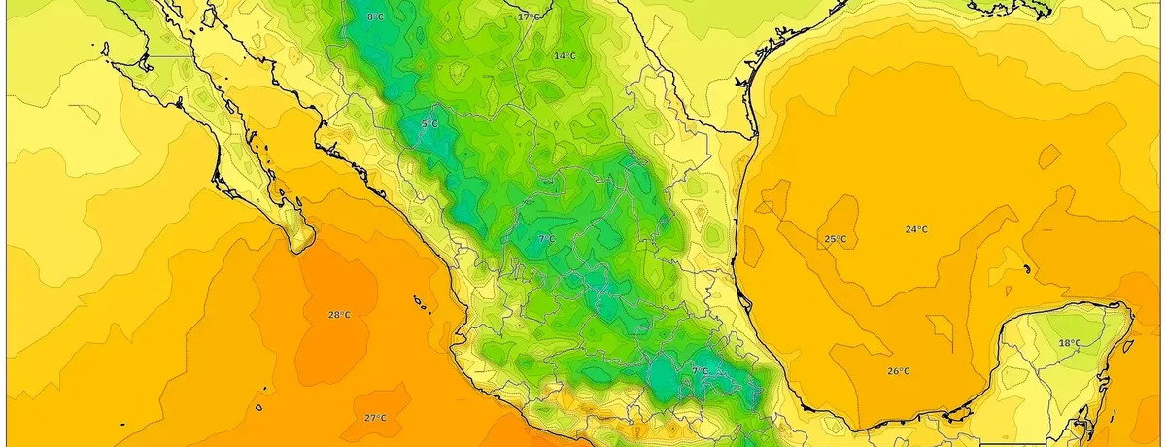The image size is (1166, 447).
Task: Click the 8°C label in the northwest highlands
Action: [x=375, y=17]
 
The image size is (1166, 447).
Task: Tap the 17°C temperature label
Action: [x=529, y=17]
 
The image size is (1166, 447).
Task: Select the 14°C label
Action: [x=565, y=56]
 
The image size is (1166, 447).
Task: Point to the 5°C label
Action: [x=429, y=124]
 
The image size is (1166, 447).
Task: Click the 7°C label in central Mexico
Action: [x=546, y=238]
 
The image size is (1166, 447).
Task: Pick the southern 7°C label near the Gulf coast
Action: [x=700, y=370]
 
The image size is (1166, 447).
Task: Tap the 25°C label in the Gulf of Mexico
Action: [x=835, y=239]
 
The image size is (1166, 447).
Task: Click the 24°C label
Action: [x=915, y=229]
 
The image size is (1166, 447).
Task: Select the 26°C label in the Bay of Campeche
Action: [x=898, y=371]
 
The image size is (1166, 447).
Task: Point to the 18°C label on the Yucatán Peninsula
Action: [x=1069, y=343]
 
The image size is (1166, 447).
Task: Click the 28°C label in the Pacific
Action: [x=339, y=315]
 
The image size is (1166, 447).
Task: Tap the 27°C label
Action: [x=376, y=418]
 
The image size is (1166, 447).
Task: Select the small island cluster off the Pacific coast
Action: [x=423, y=305]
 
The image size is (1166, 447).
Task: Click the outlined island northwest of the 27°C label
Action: [x=260, y=407]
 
